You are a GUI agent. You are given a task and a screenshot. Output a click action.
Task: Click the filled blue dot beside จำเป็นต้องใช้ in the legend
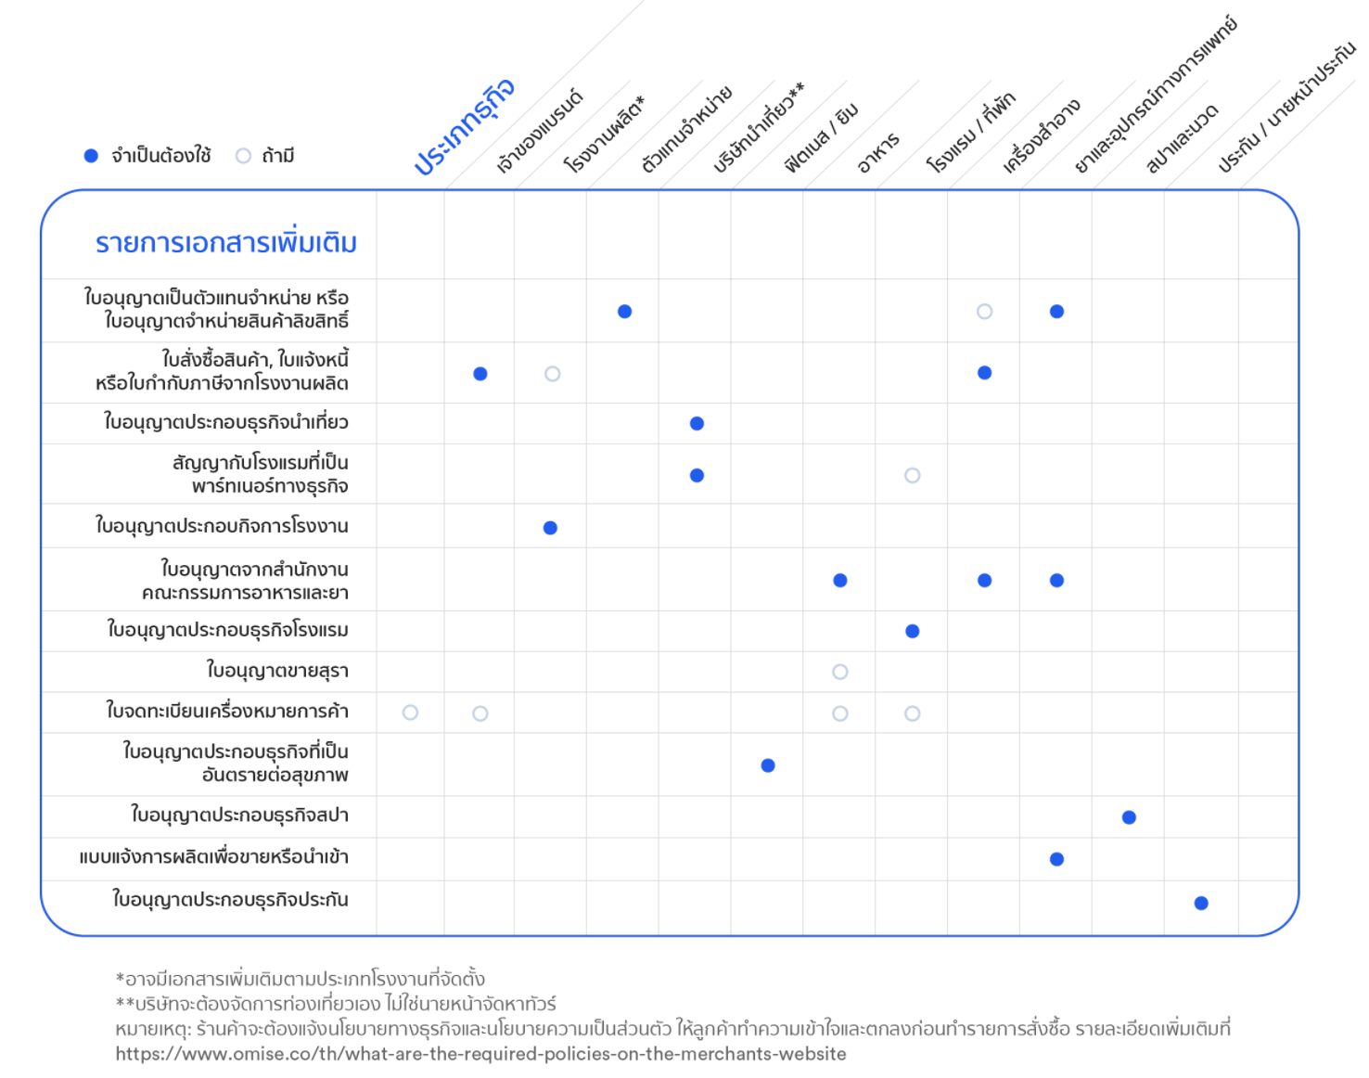91,156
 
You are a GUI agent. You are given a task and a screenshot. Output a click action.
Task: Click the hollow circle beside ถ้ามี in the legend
243,156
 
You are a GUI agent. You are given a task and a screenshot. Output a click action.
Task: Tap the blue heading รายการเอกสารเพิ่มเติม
225,243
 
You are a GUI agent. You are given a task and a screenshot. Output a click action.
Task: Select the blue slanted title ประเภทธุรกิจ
465,126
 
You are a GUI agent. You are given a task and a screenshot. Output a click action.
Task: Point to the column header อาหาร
878,153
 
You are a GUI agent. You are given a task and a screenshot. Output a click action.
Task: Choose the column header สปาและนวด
1182,139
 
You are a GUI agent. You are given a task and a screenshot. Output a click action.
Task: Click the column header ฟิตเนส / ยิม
821,137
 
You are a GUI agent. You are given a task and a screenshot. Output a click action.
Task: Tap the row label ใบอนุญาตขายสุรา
277,671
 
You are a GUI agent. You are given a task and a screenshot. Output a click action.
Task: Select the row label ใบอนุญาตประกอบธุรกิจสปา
240,815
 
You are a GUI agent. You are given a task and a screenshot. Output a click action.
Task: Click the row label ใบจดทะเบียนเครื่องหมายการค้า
227,711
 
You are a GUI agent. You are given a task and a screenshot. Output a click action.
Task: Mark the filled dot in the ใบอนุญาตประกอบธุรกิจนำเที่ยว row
697,423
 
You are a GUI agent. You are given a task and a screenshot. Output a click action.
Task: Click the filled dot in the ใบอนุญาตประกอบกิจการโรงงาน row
550,528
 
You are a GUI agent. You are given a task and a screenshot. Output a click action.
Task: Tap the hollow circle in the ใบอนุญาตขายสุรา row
839,672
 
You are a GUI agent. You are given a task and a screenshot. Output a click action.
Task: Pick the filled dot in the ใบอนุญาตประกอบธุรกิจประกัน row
1201,903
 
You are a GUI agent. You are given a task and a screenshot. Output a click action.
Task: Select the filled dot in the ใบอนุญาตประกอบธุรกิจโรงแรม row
913,631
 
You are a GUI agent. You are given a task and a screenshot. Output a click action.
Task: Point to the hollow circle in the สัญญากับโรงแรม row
913,475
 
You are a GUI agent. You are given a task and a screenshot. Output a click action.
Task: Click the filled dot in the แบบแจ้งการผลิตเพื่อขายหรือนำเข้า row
1056,859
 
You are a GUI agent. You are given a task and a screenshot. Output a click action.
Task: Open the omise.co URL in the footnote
481,1054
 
